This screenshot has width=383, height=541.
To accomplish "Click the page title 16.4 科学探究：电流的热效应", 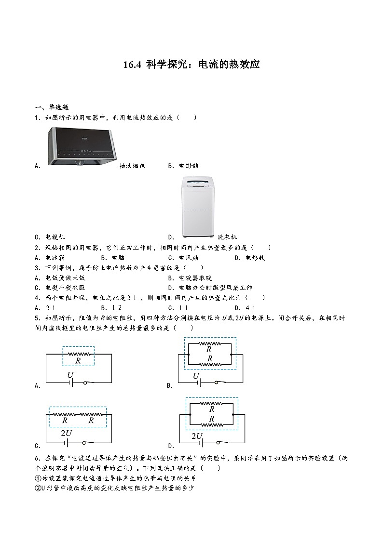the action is click(191, 64).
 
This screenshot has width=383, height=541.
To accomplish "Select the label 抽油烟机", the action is click(132, 166).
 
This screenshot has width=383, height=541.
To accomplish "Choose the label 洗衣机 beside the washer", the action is click(227, 237).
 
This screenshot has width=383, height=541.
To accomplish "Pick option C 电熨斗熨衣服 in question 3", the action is click(65, 288).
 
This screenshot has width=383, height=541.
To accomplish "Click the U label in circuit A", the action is click(70, 375).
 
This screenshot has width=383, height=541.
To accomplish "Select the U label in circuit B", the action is click(196, 375).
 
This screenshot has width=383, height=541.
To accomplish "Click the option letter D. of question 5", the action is click(171, 446).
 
